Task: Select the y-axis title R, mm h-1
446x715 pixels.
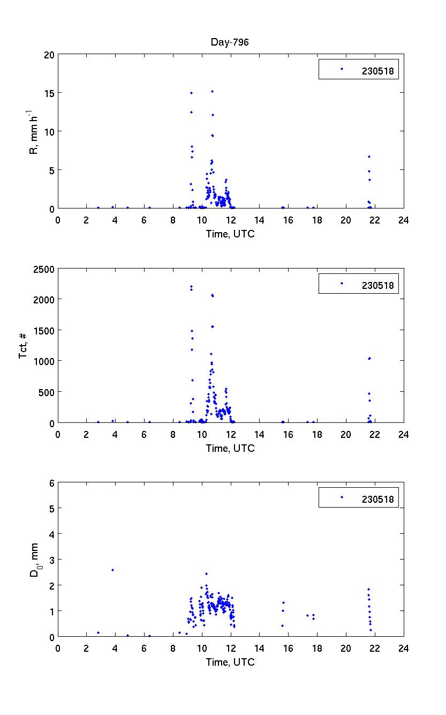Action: point(34,131)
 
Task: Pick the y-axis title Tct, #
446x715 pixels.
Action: point(24,346)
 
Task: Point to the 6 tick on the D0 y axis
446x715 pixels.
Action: point(52,483)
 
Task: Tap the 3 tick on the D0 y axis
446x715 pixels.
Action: point(52,560)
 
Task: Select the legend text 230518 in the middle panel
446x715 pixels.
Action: point(377,285)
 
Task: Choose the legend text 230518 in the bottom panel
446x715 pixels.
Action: point(377,500)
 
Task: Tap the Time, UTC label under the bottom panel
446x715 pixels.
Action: point(230,662)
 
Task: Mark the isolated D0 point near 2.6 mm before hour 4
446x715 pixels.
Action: point(112,570)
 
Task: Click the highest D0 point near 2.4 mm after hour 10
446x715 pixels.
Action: point(206,574)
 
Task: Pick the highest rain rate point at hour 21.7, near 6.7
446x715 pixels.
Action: point(369,157)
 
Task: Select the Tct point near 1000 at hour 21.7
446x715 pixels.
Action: point(369,359)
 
